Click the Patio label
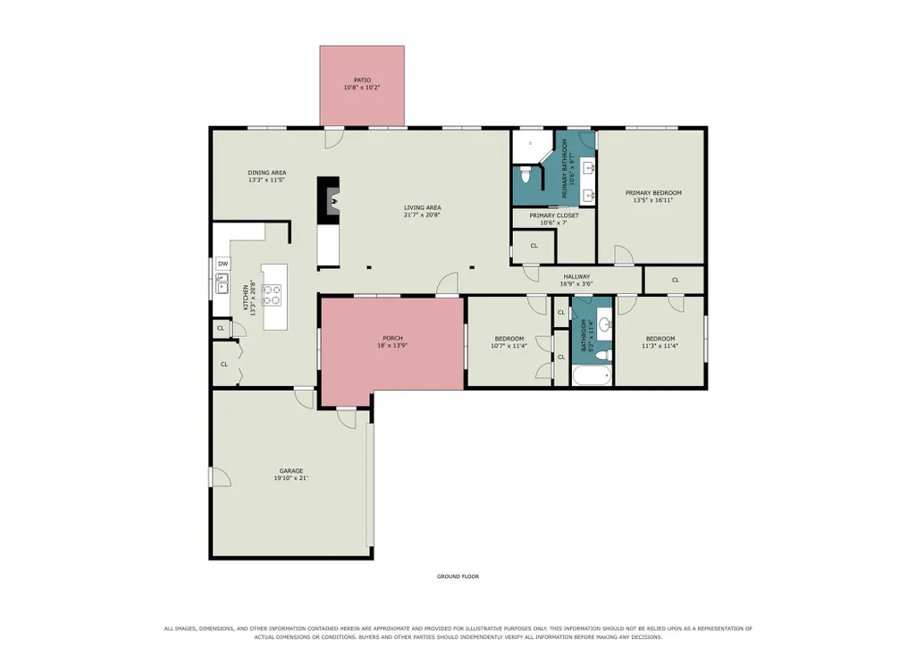coord(362,80)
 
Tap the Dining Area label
coord(267,173)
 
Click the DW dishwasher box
coord(223,264)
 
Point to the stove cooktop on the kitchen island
coord(271,294)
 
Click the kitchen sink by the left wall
coord(222,286)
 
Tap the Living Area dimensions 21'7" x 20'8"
coord(422,215)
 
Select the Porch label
coord(392,338)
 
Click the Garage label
coord(291,470)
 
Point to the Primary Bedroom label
coord(653,192)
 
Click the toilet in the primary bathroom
coord(525,174)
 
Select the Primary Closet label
coord(554,215)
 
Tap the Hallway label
coord(576,276)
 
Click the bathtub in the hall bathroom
coord(592,375)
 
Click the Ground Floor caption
coord(458,576)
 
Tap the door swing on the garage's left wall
coord(221,476)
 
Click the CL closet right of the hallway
coord(676,280)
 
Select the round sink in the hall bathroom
coord(605,324)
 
